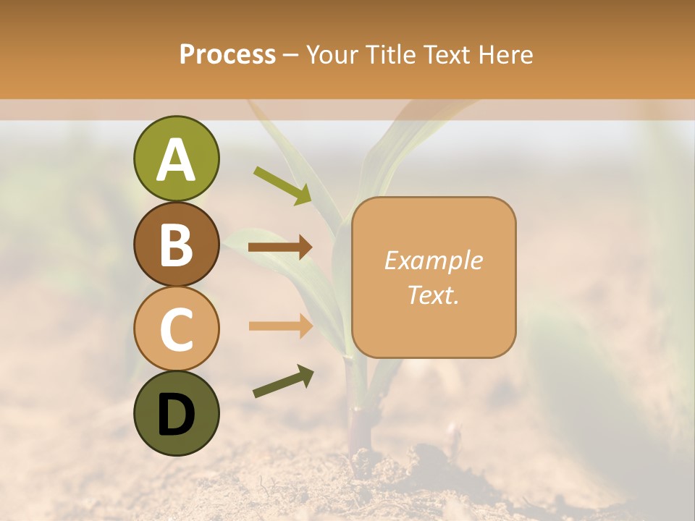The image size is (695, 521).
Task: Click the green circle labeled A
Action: click(176, 158)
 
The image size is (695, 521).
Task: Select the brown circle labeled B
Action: click(176, 244)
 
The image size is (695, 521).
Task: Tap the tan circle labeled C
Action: click(176, 329)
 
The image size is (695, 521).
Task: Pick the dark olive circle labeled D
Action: click(176, 413)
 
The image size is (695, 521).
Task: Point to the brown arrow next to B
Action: click(279, 247)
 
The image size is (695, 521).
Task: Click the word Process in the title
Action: click(227, 54)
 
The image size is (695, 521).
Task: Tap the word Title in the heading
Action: click(389, 54)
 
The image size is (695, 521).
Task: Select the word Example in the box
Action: click(433, 260)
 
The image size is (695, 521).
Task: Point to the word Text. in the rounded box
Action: click(433, 295)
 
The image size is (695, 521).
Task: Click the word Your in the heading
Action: click(330, 54)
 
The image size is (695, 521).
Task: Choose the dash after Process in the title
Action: click(290, 55)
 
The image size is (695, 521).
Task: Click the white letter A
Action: click(176, 160)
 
